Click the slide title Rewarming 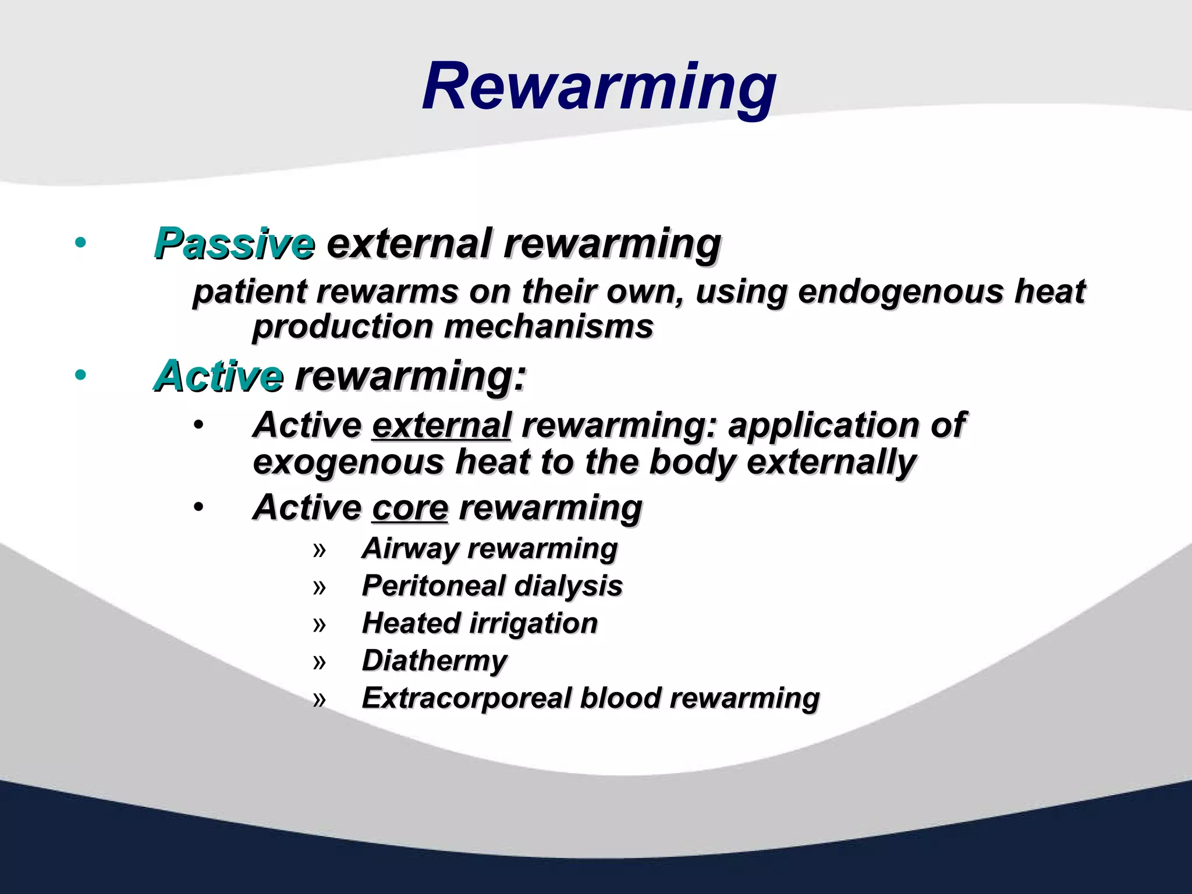click(599, 87)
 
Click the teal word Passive click(234, 243)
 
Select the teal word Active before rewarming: click(219, 376)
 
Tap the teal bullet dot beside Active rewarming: click(81, 375)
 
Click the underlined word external click(441, 425)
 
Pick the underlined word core click(410, 508)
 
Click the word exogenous click(349, 462)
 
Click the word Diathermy click(434, 661)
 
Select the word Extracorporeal click(466, 698)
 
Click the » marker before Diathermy click(319, 662)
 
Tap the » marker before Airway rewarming click(319, 550)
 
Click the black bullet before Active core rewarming click(199, 508)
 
